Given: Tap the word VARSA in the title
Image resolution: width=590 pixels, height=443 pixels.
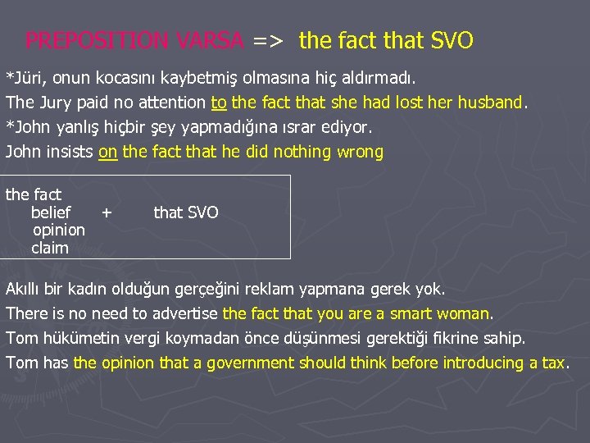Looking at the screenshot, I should [216, 40].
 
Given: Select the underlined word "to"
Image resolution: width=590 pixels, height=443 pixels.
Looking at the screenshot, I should [219, 103].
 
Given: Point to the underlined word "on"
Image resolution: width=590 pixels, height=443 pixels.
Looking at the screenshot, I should [107, 152].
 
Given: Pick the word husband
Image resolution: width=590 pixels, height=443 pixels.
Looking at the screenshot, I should [491, 103].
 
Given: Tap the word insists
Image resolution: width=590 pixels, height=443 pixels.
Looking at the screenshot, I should [70, 152].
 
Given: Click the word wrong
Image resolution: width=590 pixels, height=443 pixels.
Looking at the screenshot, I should [360, 152].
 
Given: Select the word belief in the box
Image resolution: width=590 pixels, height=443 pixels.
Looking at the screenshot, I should [51, 212].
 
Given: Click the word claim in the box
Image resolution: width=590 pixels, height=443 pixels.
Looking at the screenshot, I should [50, 248].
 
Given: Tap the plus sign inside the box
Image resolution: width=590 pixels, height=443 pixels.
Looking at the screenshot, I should [107, 212].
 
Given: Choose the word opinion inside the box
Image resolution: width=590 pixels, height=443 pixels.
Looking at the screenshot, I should [58, 231].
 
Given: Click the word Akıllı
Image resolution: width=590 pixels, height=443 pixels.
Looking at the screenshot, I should [28, 290].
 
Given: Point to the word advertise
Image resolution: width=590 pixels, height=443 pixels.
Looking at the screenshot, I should [184, 313].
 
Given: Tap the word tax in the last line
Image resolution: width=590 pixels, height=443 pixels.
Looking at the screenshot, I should [553, 363].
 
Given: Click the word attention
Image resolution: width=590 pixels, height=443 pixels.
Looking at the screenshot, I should [169, 103].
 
